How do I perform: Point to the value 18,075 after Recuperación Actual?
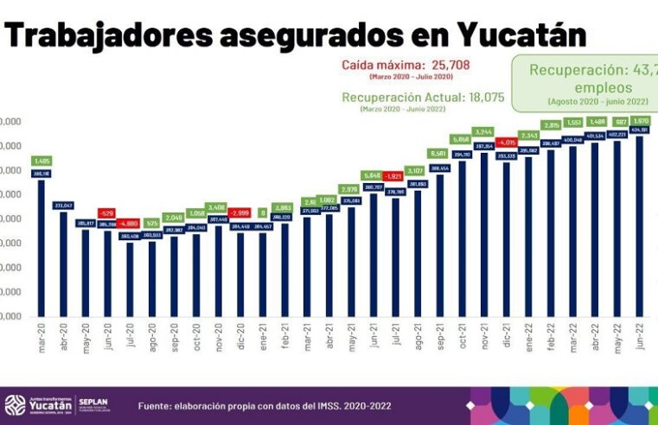pos(494,97)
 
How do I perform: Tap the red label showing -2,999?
pos(240,212)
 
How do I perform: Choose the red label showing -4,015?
pos(508,143)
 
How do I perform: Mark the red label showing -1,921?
pos(396,176)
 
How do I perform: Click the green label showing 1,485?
pos(41,161)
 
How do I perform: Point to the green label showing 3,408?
pos(219,207)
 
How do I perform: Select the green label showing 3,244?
pos(485,132)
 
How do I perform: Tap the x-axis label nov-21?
pos(485,333)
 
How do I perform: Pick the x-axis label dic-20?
pos(240,333)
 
